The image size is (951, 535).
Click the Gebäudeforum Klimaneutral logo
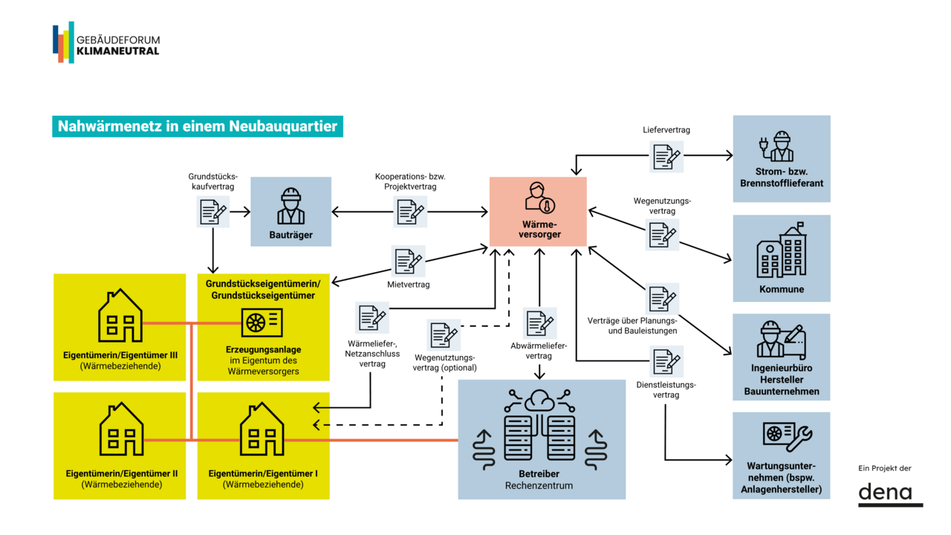coord(106,42)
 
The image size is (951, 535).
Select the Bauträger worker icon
coord(291,207)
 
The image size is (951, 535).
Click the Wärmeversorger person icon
coord(537,198)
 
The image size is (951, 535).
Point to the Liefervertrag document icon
coord(666,156)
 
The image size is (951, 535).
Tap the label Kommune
coord(782,289)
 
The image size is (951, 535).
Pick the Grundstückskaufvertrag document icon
coord(212,212)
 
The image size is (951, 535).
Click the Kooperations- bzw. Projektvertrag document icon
coord(410,213)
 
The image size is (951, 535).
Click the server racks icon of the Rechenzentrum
coord(541,436)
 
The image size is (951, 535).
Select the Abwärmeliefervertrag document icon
coord(539,324)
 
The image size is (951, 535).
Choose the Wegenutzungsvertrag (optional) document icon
coord(443,334)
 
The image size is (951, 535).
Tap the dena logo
coord(890,493)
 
